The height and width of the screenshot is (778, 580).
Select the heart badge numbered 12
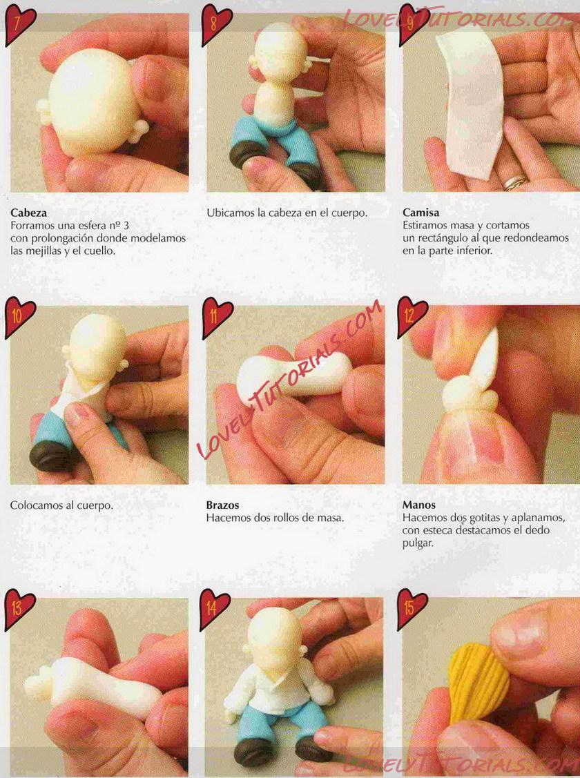point(412,317)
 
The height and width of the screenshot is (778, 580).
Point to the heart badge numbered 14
point(214,610)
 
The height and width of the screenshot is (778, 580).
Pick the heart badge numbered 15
point(412,610)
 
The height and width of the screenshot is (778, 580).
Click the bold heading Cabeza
point(29,213)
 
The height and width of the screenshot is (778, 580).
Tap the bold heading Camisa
point(420,213)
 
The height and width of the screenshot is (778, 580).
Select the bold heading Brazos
point(223,505)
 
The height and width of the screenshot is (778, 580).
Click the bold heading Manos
point(418,505)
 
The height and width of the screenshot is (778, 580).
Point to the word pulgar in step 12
point(418,543)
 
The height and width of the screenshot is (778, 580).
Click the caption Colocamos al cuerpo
point(61,505)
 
